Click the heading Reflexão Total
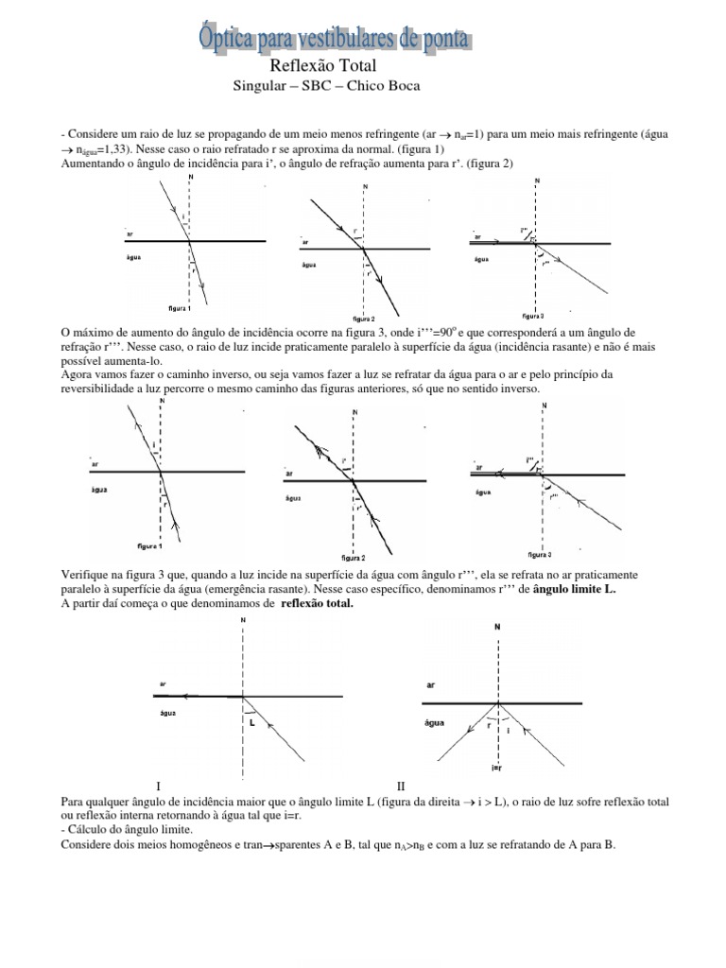tap(323, 66)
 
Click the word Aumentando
tap(94, 163)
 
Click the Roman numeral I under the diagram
tap(159, 786)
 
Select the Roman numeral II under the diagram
tap(401, 786)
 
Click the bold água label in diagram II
tap(435, 722)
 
